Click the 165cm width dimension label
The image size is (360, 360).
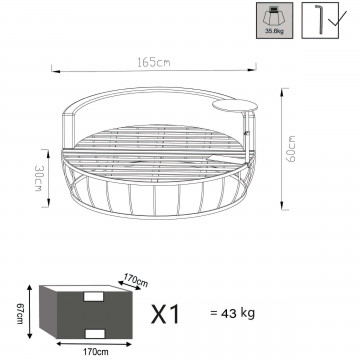[154, 62]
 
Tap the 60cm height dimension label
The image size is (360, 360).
[291, 148]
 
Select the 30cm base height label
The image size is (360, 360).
[38, 178]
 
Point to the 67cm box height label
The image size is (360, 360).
[20, 314]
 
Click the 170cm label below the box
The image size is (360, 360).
[96, 351]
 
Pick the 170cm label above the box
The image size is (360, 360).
[136, 280]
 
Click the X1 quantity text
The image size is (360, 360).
[165, 314]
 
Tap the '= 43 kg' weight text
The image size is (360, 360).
[233, 313]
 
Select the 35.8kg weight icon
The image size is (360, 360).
[275, 20]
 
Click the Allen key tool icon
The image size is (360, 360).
[320, 20]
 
